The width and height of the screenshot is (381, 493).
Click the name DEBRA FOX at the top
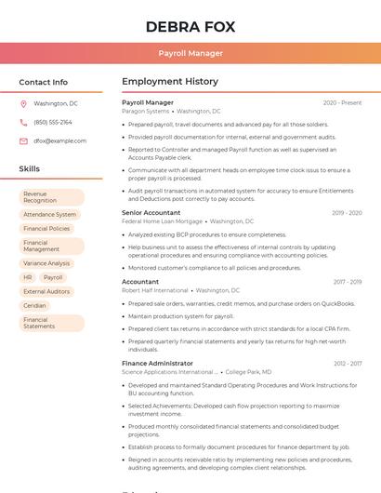pyautogui.click(x=190, y=26)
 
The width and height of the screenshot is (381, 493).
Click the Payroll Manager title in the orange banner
pyautogui.click(x=190, y=53)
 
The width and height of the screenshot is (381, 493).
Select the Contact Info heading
pyautogui.click(x=43, y=82)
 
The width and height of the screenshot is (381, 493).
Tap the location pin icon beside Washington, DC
pyautogui.click(x=23, y=104)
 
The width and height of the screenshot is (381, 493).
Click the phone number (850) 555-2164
pyautogui.click(x=53, y=122)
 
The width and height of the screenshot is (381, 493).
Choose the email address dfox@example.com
pyautogui.click(x=60, y=140)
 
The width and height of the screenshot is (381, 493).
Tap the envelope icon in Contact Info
pyautogui.click(x=23, y=140)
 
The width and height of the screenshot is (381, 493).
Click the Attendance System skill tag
pyautogui.click(x=50, y=214)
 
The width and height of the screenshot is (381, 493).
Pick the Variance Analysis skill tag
pyautogui.click(x=46, y=263)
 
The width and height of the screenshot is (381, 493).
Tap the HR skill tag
pyautogui.click(x=28, y=277)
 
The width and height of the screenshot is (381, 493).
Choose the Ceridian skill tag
pyautogui.click(x=34, y=305)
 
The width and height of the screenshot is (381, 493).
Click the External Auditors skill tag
pyautogui.click(x=46, y=291)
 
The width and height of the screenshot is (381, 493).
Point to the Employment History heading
pyautogui.click(x=170, y=82)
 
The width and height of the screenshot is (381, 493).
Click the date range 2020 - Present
pyautogui.click(x=342, y=102)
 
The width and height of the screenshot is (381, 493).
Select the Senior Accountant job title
pyautogui.click(x=151, y=213)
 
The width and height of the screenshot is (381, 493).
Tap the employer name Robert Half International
pyautogui.click(x=154, y=290)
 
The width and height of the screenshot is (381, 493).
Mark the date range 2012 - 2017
pyautogui.click(x=348, y=364)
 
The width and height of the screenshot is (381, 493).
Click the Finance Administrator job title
pyautogui.click(x=157, y=364)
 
